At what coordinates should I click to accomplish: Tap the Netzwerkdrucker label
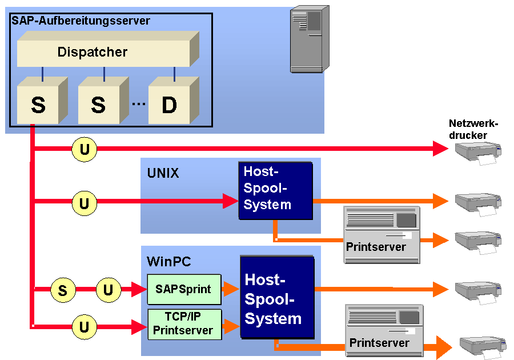(x=473, y=129)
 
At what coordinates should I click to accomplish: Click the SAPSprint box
(x=183, y=289)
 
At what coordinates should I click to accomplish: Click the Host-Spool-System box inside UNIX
(x=275, y=190)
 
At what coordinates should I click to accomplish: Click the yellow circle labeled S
(x=63, y=290)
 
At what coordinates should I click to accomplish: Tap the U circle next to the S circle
(x=108, y=290)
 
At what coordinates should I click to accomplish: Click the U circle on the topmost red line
(x=85, y=150)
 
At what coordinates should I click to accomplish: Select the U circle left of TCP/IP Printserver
(x=85, y=327)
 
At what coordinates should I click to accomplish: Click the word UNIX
(x=163, y=173)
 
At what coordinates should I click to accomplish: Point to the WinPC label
(x=169, y=262)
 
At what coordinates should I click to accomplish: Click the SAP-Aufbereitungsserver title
(x=81, y=21)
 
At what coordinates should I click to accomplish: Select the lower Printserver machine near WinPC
(x=384, y=330)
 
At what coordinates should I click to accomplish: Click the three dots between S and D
(x=138, y=105)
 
